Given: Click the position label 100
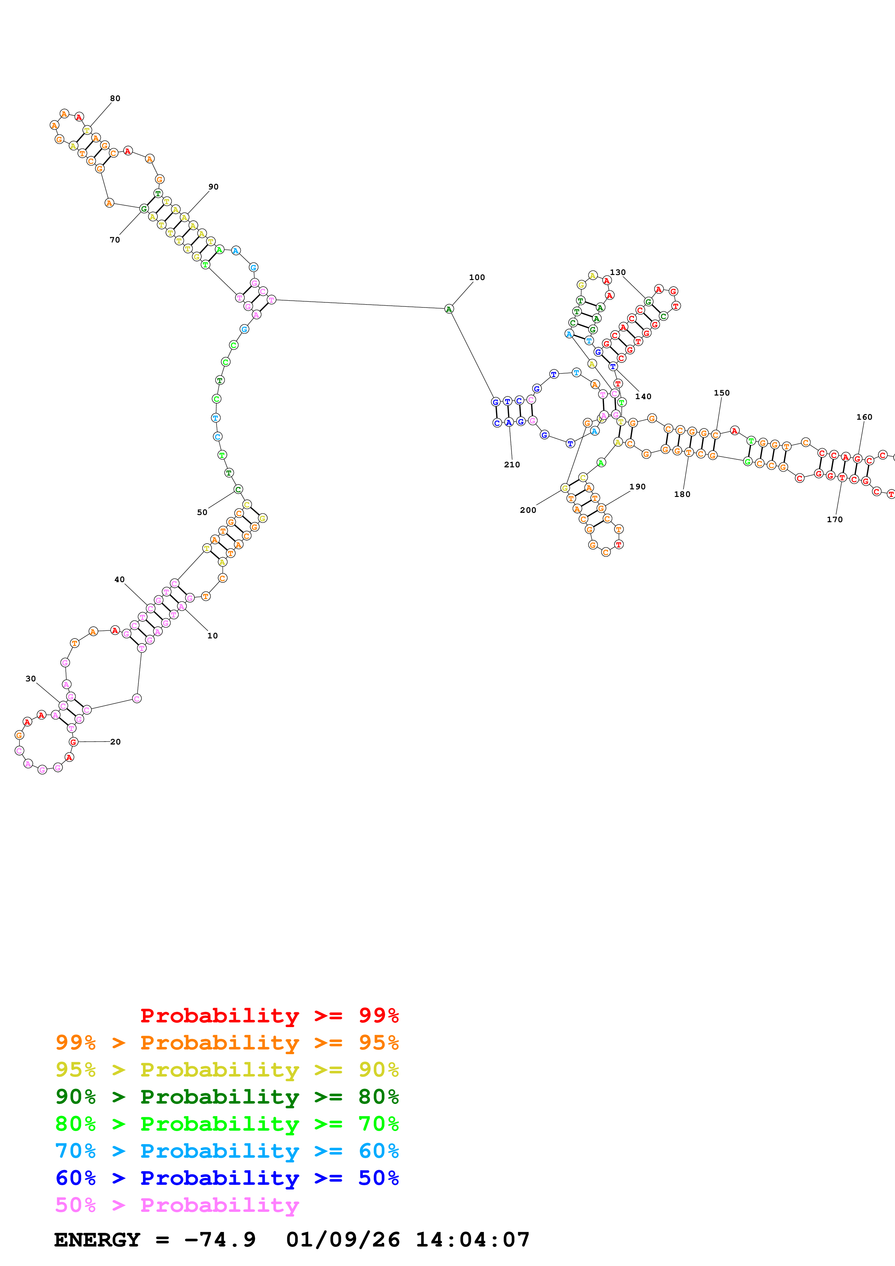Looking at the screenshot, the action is [477, 278].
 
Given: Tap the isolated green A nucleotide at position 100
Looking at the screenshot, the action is [449, 309].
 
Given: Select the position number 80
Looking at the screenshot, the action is [115, 98].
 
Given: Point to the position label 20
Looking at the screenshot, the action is [115, 742].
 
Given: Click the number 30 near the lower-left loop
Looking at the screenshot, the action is [31, 679].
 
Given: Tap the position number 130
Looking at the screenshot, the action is [618, 272].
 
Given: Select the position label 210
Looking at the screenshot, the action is [512, 464].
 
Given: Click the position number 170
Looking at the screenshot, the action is [834, 519].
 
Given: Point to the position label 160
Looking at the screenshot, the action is [864, 417].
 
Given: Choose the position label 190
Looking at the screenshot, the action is [638, 486].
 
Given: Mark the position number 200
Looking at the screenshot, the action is [528, 510].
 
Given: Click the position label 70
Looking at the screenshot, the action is [115, 240].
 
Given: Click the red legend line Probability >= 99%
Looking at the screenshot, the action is [269, 1016].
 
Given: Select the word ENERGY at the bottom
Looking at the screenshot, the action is [97, 1240].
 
